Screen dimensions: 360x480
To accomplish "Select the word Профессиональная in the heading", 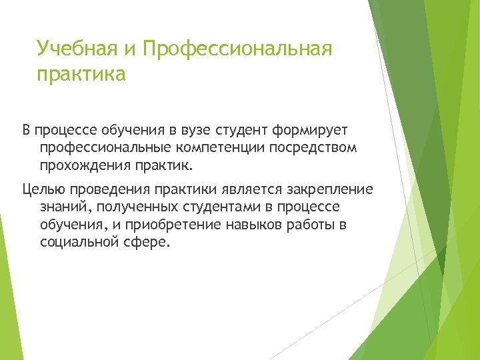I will click(x=237, y=49).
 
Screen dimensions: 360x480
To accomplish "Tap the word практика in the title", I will click(x=81, y=74).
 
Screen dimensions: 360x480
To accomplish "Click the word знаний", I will click(x=61, y=207).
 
